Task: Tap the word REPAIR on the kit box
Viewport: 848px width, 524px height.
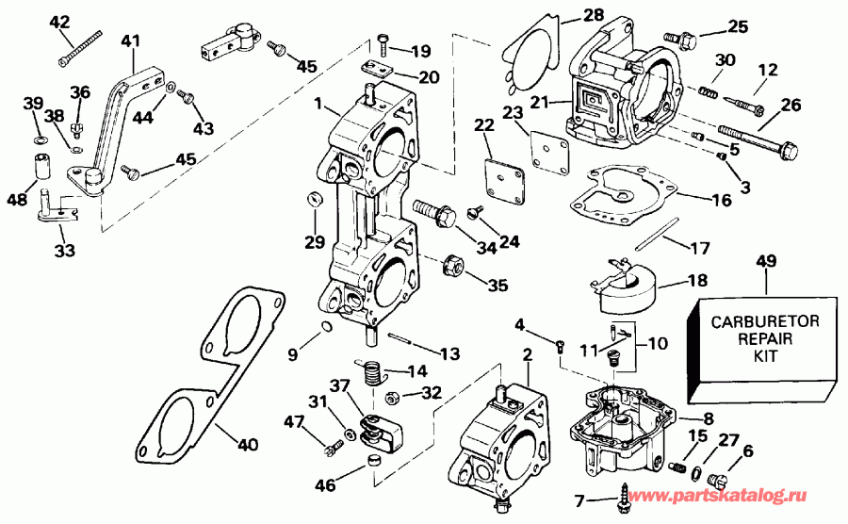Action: (765, 340)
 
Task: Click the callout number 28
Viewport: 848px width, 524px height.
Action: (593, 14)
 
